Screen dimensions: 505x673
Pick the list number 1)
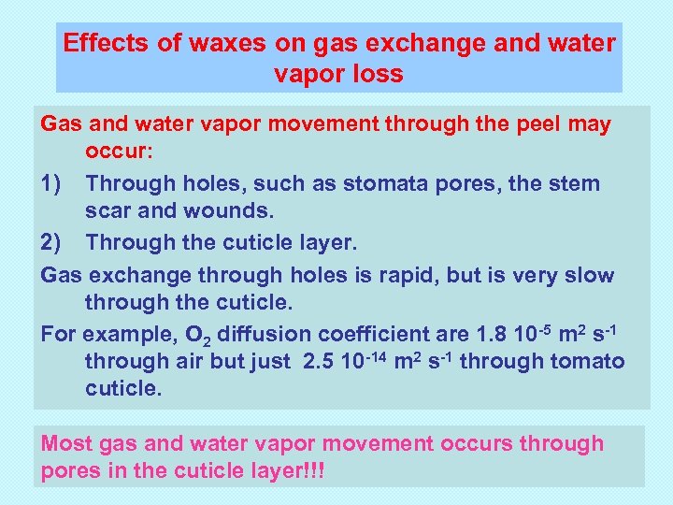tap(52, 183)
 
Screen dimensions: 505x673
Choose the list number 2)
tap(52, 243)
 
